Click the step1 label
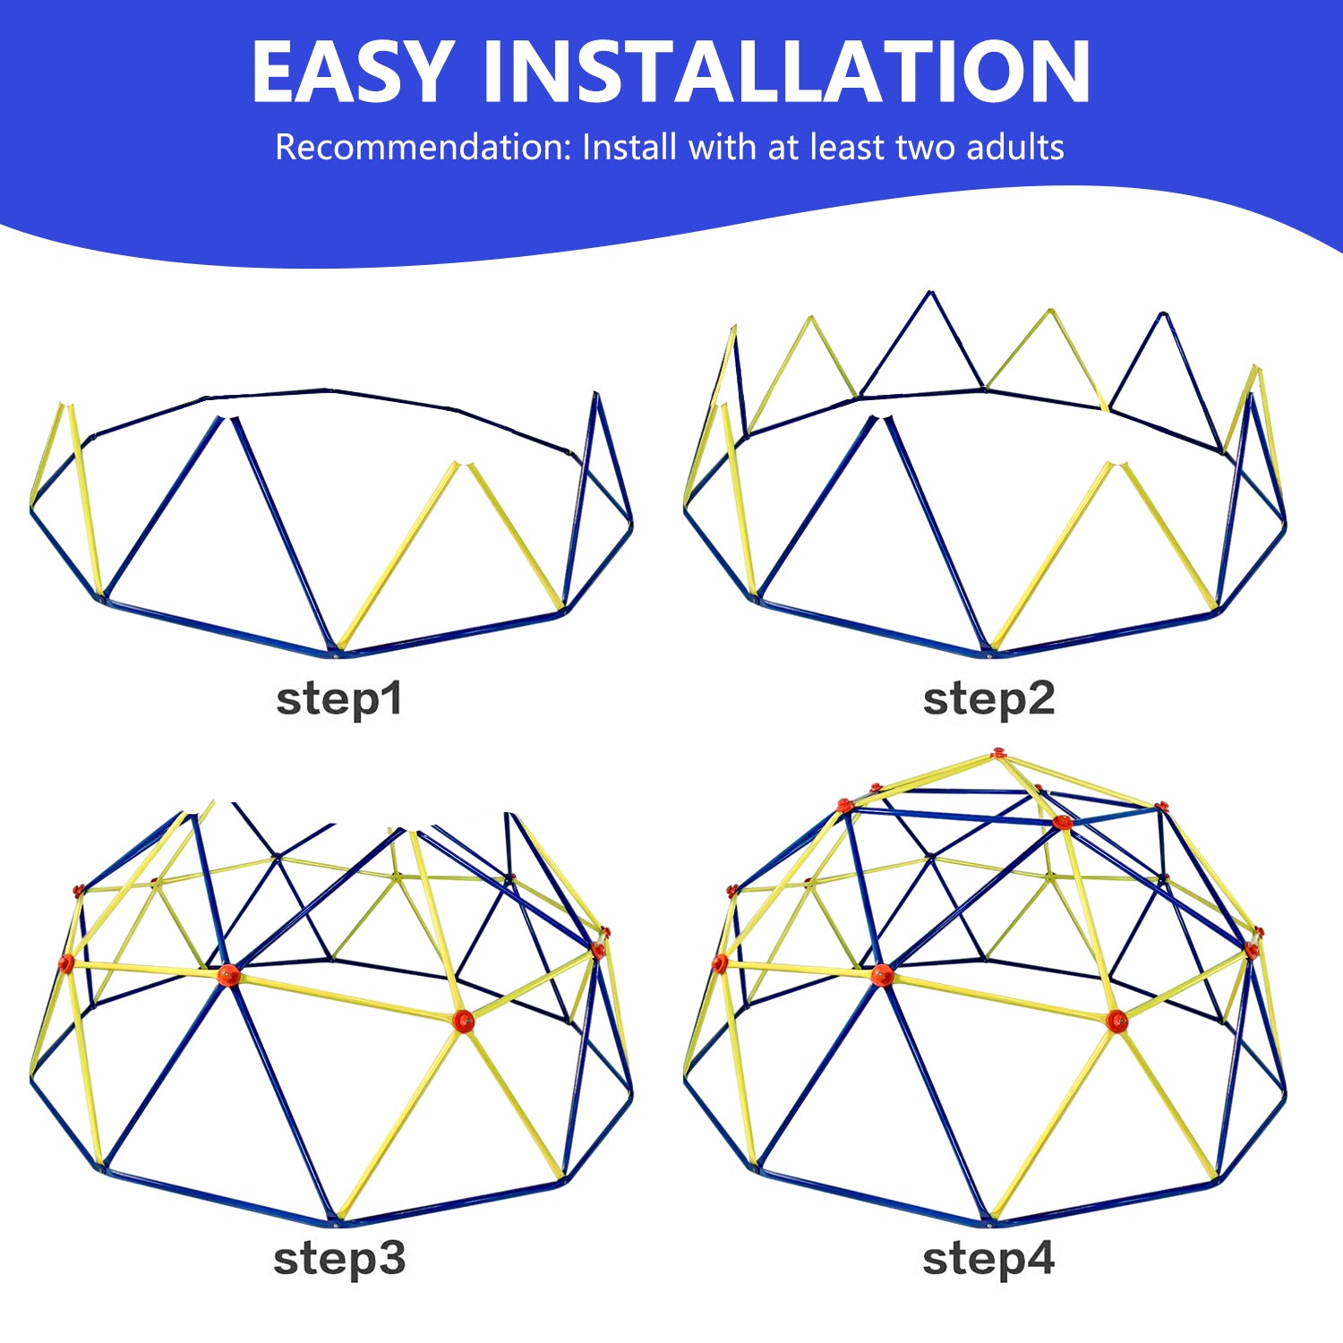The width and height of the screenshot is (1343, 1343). coord(339,699)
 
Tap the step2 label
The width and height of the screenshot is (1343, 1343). coord(988,699)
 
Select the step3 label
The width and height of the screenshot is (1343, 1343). coord(339,1259)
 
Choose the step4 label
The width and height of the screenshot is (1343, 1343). coord(988,1259)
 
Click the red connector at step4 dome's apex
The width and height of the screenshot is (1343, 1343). coord(998,754)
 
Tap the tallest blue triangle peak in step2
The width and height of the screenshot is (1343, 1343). coord(931,293)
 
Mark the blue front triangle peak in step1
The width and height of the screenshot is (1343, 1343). coord(229,417)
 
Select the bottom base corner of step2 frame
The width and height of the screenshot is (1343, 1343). coord(989,653)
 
